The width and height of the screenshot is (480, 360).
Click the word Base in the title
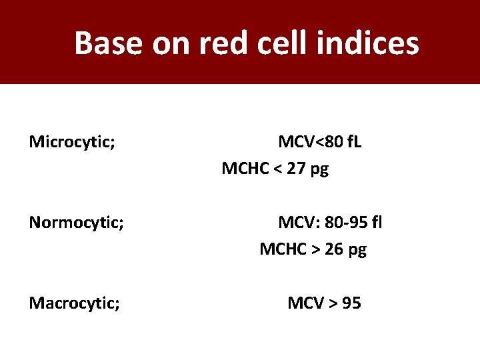pyautogui.click(x=109, y=43)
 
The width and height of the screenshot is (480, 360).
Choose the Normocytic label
pyautogui.click(x=76, y=222)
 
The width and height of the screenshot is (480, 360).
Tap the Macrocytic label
pyautogui.click(x=75, y=304)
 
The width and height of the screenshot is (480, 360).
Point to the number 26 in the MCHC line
pyautogui.click(x=335, y=250)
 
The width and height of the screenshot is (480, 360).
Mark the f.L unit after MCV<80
pyautogui.click(x=350, y=142)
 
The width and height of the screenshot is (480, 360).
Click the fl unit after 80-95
pyautogui.click(x=377, y=222)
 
